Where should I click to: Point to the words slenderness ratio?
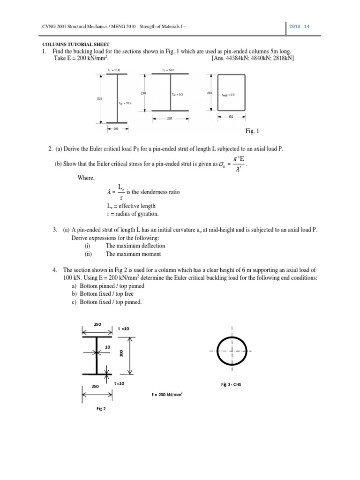[x=162, y=192]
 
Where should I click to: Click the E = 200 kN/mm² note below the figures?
[x=167, y=395]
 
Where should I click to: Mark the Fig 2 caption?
[x=101, y=409]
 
